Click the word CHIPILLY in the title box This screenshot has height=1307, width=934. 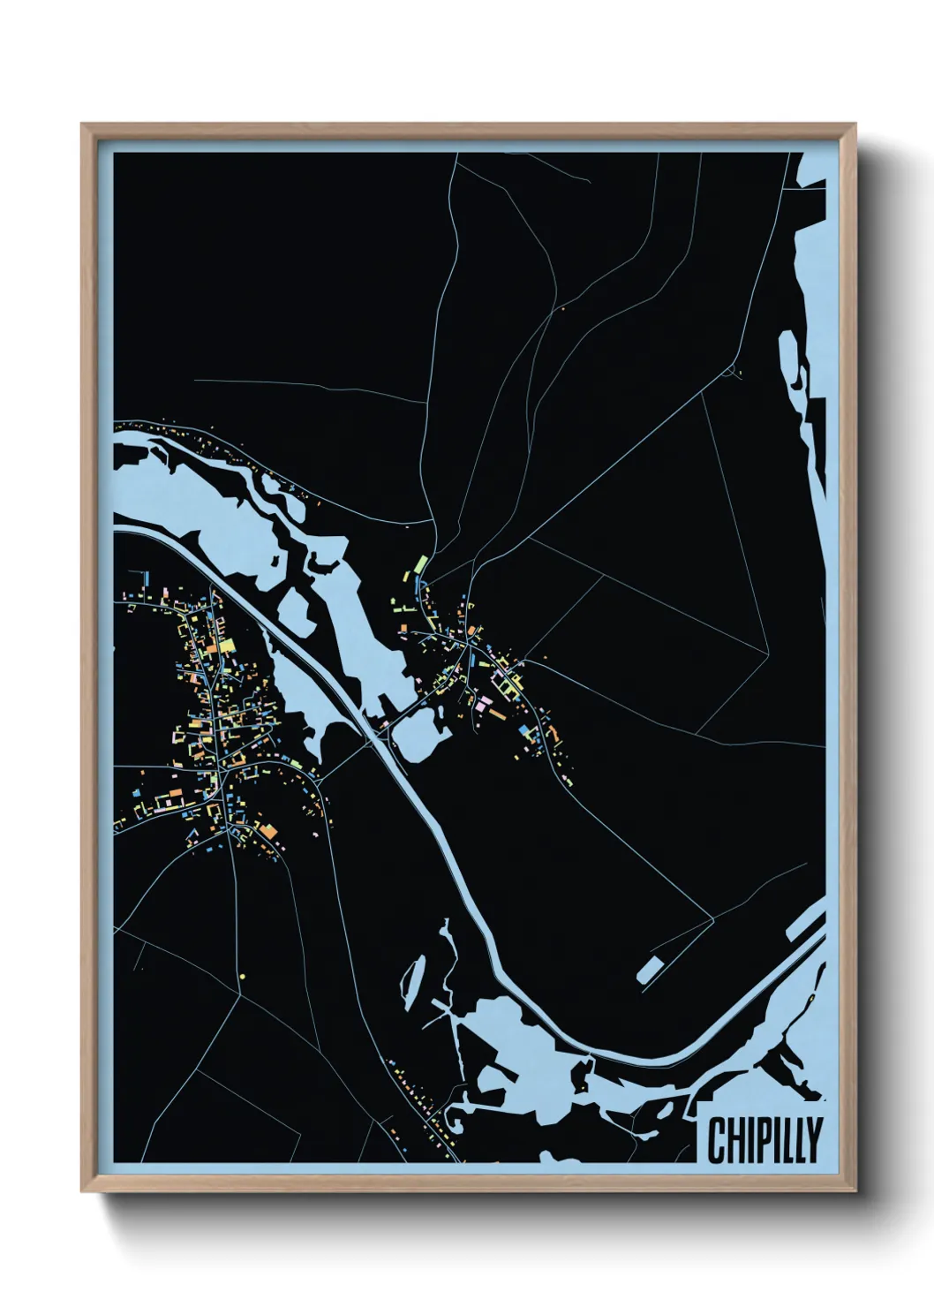coord(765,1140)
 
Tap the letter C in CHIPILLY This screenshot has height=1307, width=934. coord(715,1140)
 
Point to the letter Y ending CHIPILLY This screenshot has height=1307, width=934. coord(814,1140)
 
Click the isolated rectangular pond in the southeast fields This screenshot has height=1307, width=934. coord(652,968)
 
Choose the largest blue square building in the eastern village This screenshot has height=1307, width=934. coord(527,730)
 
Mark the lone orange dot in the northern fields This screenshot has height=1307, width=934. coord(562,310)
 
